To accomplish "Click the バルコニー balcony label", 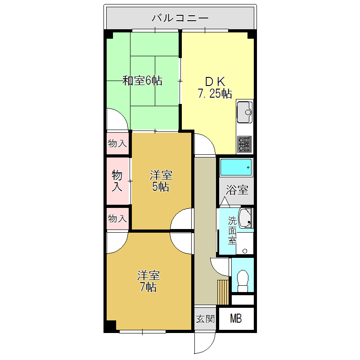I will point(180,18).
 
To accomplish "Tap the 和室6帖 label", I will point(143,81).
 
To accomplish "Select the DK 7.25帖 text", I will point(215,88).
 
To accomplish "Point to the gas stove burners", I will point(244,144).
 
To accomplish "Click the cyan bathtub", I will point(236,167).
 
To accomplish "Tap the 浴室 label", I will point(236,190).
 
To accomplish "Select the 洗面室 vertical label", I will point(232,230).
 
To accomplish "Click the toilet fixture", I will point(243,280).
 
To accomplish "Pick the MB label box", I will point(236,319).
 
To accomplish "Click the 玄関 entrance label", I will point(205,319).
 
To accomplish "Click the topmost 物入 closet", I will point(117,144).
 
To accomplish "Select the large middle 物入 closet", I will point(117,180).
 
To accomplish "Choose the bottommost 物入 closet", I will point(117,219).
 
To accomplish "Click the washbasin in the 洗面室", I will point(246,218).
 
